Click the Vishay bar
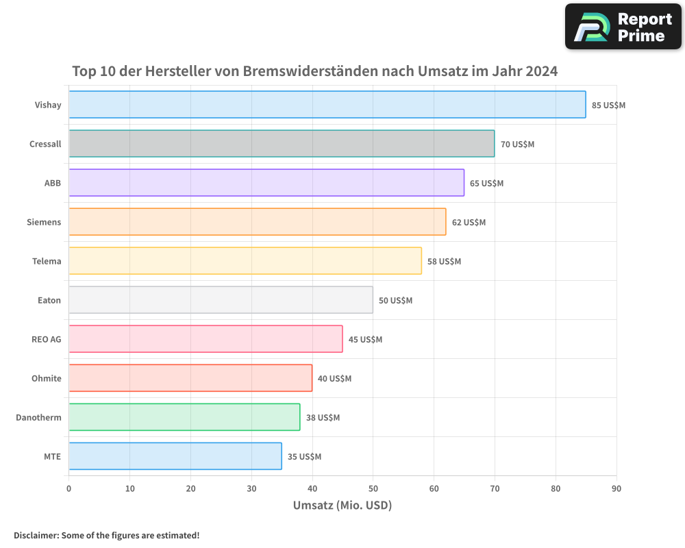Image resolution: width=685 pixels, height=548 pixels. pyautogui.click(x=327, y=105)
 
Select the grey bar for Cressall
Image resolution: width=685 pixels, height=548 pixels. pyautogui.click(x=282, y=144)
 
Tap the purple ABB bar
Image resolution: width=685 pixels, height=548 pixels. pyautogui.click(x=266, y=183)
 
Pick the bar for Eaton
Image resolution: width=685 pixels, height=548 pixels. pyautogui.click(x=221, y=300)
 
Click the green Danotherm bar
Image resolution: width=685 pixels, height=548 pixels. pyautogui.click(x=184, y=417)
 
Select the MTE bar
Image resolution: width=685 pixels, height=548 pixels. pyautogui.click(x=175, y=456)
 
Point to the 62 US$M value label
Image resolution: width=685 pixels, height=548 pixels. pyautogui.click(x=469, y=223)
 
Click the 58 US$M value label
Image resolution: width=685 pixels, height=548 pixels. pyautogui.click(x=444, y=262)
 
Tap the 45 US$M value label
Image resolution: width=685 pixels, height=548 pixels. pyautogui.click(x=365, y=340)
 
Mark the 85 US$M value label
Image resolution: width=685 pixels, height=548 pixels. pyautogui.click(x=608, y=105)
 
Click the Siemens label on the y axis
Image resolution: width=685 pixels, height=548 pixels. pyautogui.click(x=44, y=222)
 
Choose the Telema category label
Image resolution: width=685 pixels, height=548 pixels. pyautogui.click(x=47, y=261)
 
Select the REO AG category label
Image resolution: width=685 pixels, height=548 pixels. pyautogui.click(x=46, y=339)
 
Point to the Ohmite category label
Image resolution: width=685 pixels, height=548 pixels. pyautogui.click(x=46, y=378)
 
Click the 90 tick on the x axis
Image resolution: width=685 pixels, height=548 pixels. pyautogui.click(x=616, y=488)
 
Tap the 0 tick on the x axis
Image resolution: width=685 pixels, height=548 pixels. pyautogui.click(x=68, y=488)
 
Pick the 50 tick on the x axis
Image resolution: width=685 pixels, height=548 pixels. pyautogui.click(x=373, y=488)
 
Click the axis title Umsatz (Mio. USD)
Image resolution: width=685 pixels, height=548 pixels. pyautogui.click(x=342, y=506)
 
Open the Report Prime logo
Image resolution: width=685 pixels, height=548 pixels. pyautogui.click(x=623, y=27)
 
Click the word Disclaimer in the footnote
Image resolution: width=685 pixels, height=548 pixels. pyautogui.click(x=35, y=535)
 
